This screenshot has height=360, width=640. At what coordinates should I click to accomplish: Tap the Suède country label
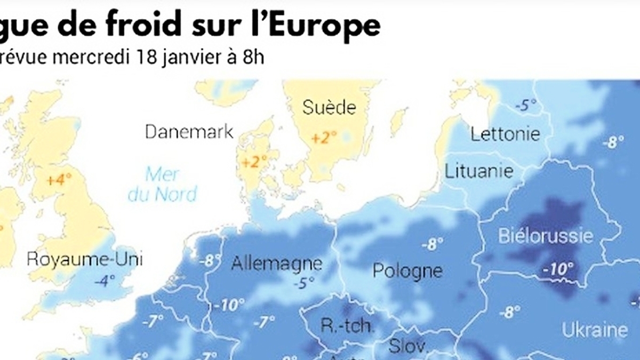tap(329, 108)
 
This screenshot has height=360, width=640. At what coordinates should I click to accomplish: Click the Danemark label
tap(189, 132)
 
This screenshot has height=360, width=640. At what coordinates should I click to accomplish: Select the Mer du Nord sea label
tap(163, 184)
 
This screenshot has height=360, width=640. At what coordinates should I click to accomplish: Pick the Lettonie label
tap(505, 134)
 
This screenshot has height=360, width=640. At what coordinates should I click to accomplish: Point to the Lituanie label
tap(479, 171)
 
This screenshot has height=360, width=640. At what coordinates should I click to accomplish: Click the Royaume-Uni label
tap(85, 260)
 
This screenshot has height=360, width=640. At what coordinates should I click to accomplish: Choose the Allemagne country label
tap(277, 263)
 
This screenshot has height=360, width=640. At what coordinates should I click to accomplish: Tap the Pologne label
tap(407, 270)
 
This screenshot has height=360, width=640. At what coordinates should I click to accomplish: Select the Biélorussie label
tap(546, 236)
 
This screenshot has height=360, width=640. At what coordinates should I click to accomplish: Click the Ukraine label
tap(595, 330)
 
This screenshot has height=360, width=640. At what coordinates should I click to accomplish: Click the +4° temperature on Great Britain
tap(59, 180)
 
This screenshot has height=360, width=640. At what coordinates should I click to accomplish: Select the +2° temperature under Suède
tap(324, 138)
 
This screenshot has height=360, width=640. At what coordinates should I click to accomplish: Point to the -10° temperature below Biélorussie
tap(557, 269)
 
